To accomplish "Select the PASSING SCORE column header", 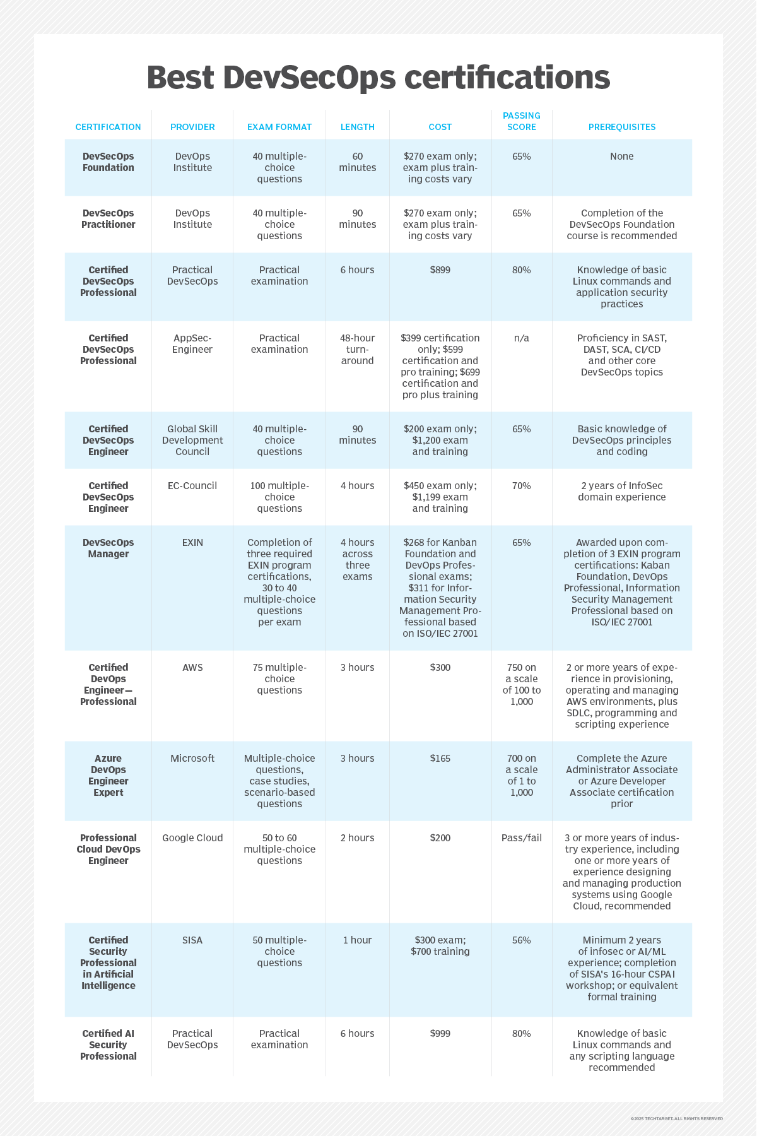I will tap(521, 121).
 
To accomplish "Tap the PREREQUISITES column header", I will tap(621, 127).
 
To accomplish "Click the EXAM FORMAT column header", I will tap(279, 127).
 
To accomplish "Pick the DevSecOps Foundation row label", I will tap(108, 162).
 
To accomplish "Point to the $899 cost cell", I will tap(440, 270).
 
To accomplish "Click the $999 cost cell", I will tap(440, 1034).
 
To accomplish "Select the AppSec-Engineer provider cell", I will tap(192, 344).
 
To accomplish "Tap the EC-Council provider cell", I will tap(192, 486).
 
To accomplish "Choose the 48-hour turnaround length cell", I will tap(358, 350).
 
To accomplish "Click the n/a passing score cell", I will tap(521, 338).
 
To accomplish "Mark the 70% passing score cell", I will tap(521, 486).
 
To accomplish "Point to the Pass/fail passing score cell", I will tap(521, 838).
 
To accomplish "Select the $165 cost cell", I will tap(440, 759).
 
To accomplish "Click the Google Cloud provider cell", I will tap(192, 838).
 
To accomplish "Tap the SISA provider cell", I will tap(192, 940).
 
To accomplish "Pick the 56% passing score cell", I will tap(521, 940).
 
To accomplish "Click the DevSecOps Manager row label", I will tap(108, 548).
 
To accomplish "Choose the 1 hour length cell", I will tap(358, 940).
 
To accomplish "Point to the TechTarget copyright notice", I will tap(676, 1119).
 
